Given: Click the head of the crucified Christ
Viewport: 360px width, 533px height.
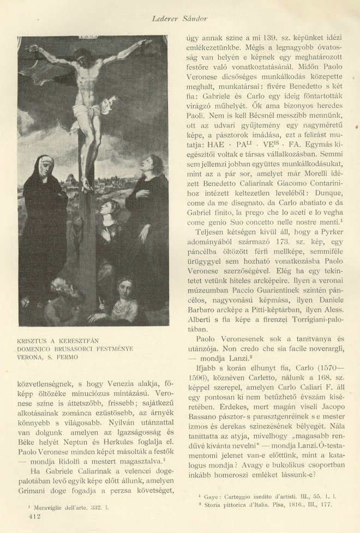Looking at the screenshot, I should (x=83, y=58).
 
